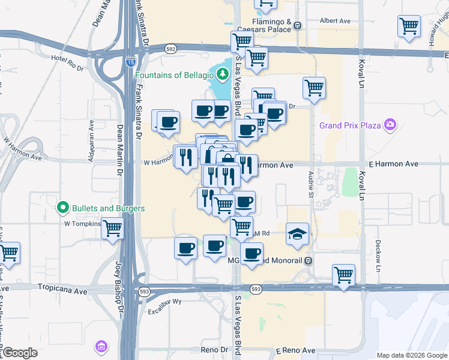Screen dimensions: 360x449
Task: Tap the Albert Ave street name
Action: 336,20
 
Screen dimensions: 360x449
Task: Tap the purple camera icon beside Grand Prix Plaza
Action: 391,125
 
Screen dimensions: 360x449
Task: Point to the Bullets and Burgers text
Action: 108,208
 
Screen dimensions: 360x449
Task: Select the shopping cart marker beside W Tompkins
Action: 112,228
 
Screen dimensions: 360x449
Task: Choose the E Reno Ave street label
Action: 295,350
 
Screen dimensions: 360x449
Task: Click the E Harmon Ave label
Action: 393,164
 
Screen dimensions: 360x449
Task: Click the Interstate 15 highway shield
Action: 131,61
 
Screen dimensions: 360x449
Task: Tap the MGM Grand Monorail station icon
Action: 308,260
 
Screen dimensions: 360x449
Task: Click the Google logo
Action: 20,353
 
